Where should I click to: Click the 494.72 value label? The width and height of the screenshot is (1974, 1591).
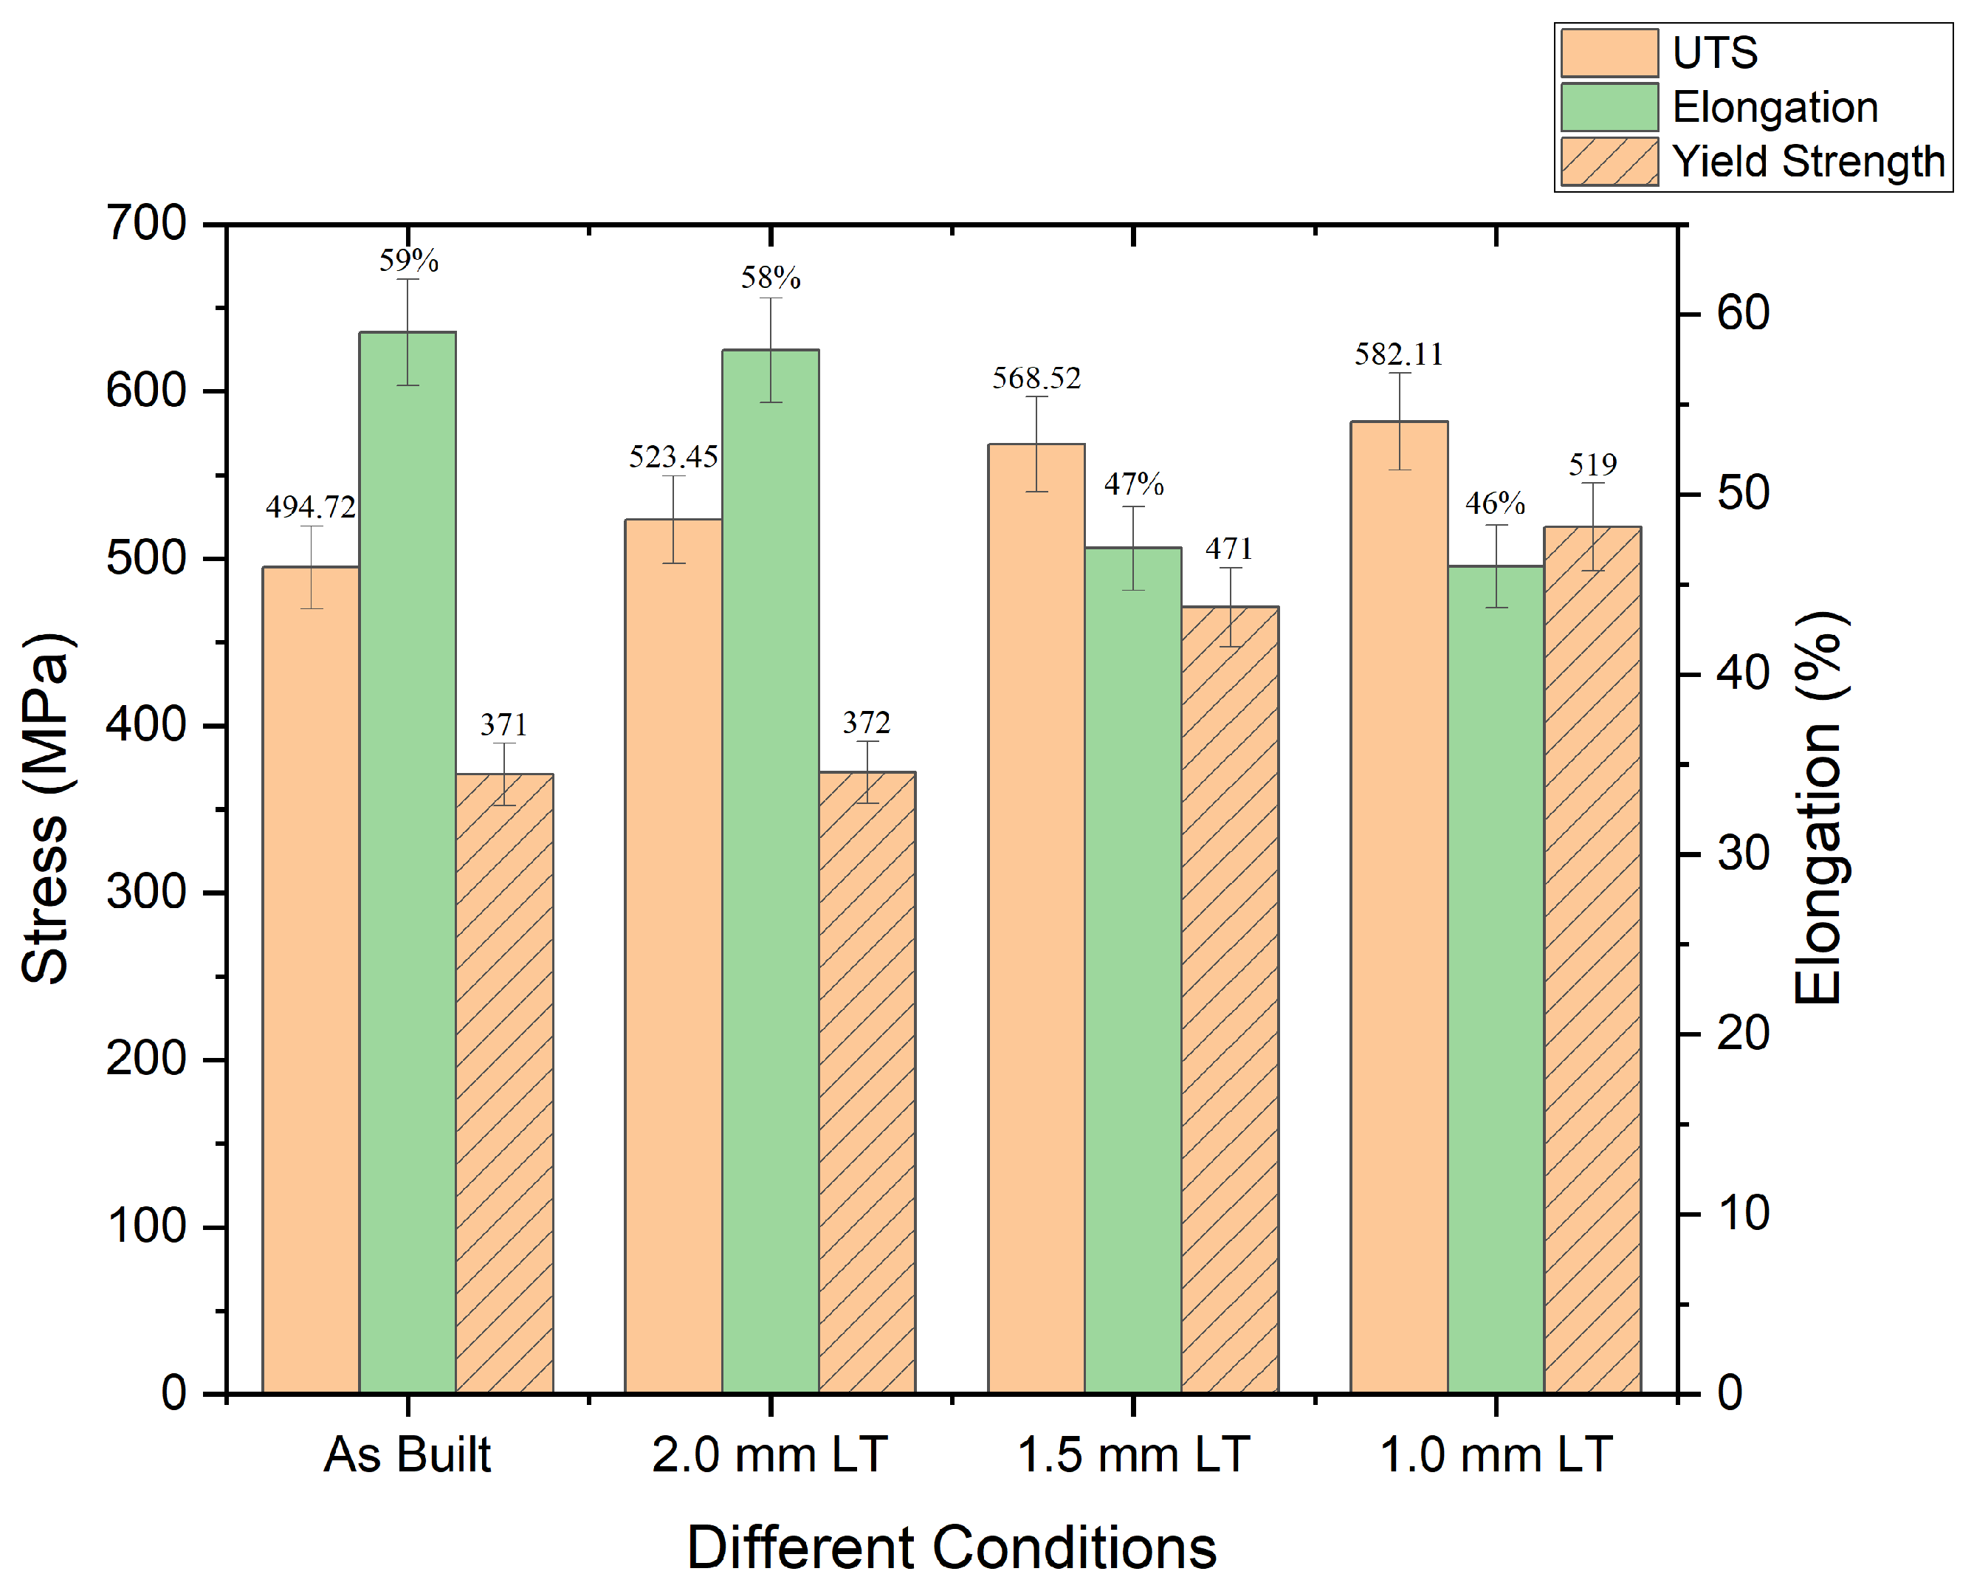pos(311,506)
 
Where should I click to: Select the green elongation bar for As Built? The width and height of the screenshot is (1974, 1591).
pos(407,862)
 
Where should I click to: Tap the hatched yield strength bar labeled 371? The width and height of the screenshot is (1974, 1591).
pos(504,1082)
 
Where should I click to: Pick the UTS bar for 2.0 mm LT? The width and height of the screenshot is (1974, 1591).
pos(673,953)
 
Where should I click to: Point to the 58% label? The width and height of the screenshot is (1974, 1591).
pos(771,278)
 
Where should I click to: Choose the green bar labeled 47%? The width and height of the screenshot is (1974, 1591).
pos(1134,972)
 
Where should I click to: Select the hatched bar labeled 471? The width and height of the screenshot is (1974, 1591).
pos(1230,999)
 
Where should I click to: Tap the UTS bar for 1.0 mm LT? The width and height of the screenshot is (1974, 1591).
pos(1400,907)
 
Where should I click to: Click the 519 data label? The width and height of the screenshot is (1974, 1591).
pos(1593,464)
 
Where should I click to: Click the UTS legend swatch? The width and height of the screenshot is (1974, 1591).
pos(1609,53)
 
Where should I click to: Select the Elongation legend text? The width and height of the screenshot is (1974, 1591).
pos(1775,107)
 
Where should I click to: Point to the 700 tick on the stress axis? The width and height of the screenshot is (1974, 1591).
pos(147,223)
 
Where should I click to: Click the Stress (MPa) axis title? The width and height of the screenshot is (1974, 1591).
pos(46,808)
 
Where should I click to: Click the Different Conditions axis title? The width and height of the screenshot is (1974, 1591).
pos(952,1548)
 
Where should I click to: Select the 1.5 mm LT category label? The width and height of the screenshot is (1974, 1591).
pos(1134,1454)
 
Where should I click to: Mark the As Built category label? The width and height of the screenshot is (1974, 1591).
pos(407,1454)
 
